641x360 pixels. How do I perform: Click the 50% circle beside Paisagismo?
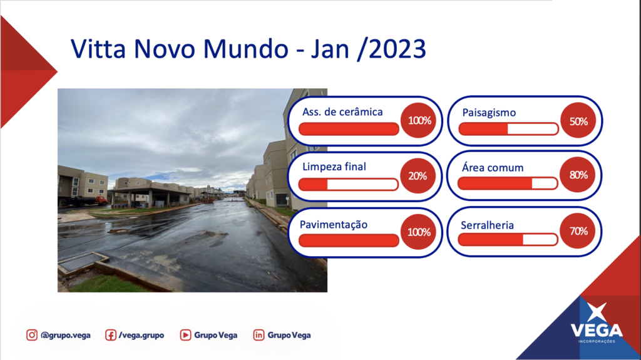pos(578,121)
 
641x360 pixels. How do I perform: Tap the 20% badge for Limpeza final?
pos(418,176)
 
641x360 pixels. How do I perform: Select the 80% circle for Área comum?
pos(577,175)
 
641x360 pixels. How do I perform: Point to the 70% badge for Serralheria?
pos(578,231)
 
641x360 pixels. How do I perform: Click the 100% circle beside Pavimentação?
pos(419,232)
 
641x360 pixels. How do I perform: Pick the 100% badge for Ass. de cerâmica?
pos(419,120)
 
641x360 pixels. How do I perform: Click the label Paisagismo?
pos(489,113)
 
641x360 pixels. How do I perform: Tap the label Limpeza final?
pos(334,167)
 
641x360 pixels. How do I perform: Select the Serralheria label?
pos(487,225)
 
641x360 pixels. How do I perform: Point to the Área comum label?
pos(493,168)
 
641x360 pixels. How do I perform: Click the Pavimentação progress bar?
pos(349,240)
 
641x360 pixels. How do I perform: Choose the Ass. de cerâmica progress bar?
pos(349,129)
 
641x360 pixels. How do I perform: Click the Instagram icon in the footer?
pos(32,335)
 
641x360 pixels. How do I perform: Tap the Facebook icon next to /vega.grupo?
pos(110,335)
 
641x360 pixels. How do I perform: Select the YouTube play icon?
pos(185,335)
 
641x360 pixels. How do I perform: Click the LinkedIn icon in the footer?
pos(259,335)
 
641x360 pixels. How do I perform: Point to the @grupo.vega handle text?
pos(65,336)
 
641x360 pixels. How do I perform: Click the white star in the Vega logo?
pos(597,312)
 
